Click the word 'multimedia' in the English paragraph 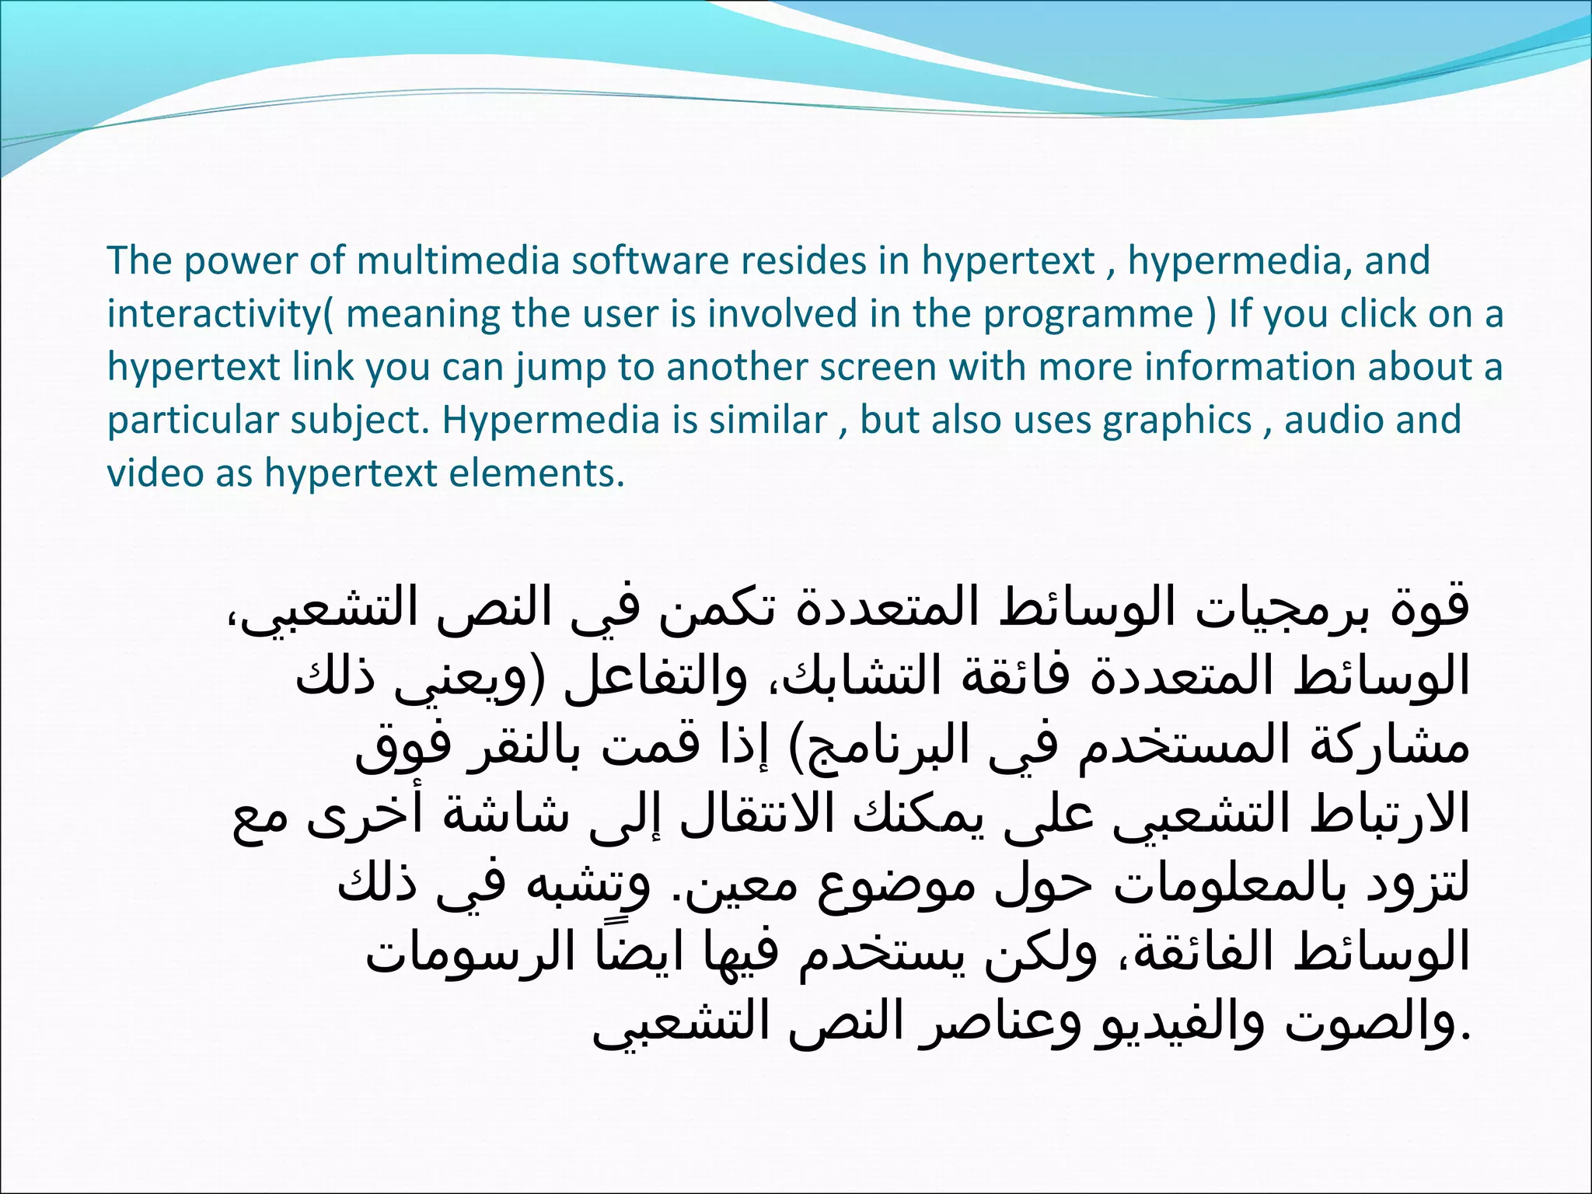coord(458,260)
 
